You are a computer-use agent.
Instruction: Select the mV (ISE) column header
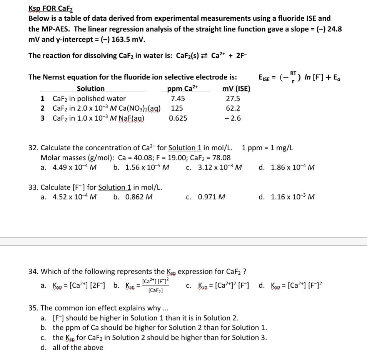(236, 89)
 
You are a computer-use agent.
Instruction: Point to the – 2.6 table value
(233, 118)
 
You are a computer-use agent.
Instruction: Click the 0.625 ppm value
(178, 118)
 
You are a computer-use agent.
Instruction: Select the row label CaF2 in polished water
(89, 99)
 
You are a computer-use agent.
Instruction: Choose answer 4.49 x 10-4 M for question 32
(74, 168)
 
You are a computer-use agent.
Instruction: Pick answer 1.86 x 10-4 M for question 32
(292, 168)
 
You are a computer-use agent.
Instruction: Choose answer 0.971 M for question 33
(211, 197)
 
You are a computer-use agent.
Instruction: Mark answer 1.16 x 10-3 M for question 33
(292, 197)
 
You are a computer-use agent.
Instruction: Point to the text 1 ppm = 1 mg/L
(268, 148)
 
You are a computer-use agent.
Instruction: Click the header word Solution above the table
(91, 89)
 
